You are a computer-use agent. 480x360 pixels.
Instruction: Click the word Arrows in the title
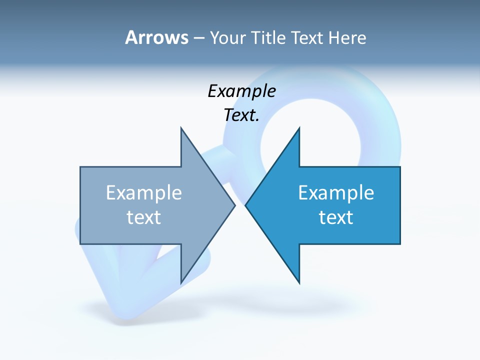(156, 37)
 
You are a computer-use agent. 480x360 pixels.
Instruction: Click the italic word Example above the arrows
(241, 91)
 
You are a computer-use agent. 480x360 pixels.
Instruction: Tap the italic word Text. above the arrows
(241, 115)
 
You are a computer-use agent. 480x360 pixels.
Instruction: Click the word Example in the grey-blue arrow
(144, 193)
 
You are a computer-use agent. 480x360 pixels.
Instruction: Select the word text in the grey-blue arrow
(144, 217)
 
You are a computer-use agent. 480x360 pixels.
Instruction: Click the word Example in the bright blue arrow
(336, 193)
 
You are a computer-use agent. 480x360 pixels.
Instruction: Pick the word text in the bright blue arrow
(336, 217)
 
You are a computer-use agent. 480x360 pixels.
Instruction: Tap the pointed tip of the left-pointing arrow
(246, 205)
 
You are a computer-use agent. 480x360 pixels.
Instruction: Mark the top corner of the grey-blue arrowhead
(181, 128)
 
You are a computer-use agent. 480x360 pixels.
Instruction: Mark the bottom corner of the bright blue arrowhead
(299, 283)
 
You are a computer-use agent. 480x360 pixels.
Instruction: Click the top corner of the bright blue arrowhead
(299, 128)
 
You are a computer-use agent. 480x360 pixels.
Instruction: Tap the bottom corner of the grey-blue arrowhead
(181, 283)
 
